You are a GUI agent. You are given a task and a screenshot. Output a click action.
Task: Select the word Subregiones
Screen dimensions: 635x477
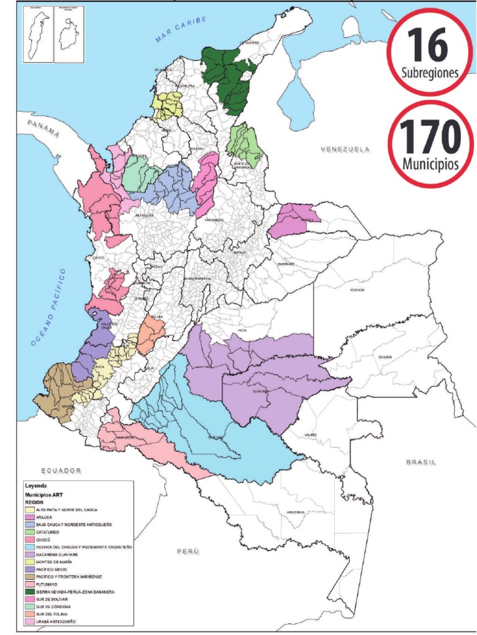[x=430, y=73]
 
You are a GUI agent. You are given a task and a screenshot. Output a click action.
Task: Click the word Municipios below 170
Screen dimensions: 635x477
[x=430, y=165]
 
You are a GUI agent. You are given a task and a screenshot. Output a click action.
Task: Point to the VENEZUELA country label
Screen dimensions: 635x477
[x=345, y=149]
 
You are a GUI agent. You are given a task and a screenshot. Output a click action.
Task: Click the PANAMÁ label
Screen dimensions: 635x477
[x=43, y=130]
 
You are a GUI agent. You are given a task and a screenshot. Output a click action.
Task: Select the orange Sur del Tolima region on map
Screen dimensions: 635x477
[x=151, y=334]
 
